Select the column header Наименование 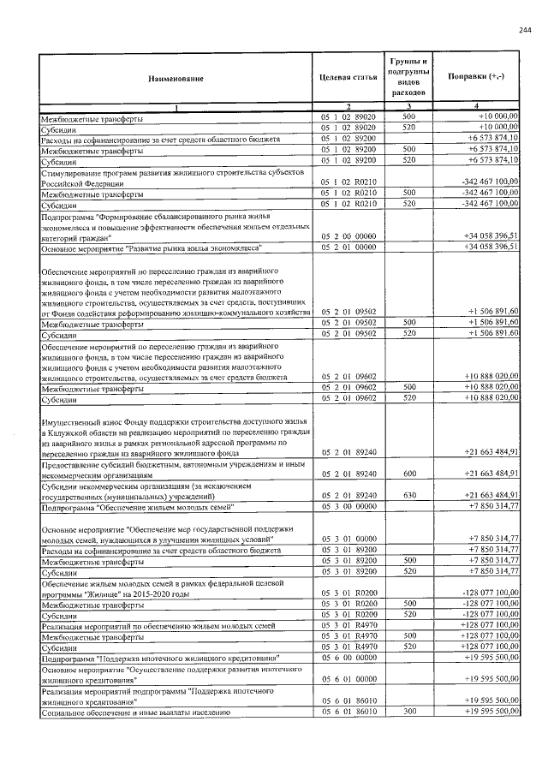tap(176, 79)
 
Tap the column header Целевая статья tap(348, 79)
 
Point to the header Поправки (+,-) tap(477, 78)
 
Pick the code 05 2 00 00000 tap(348, 235)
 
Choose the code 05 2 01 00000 tap(348, 247)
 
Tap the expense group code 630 tap(408, 495)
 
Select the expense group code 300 tap(408, 712)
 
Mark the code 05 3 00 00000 tap(348, 506)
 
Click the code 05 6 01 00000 tap(348, 678)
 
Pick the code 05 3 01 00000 tap(348, 539)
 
